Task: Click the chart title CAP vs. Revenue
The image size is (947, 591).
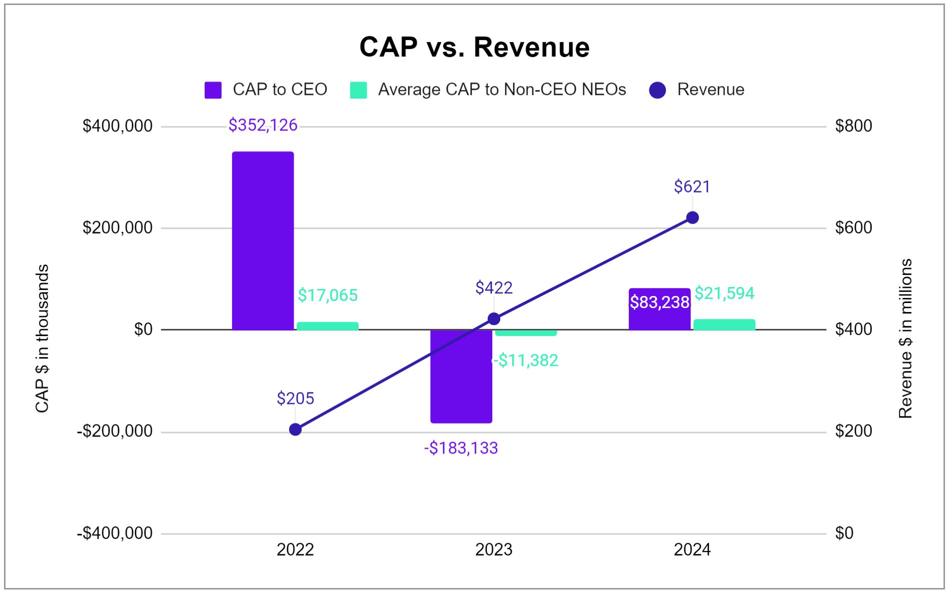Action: click(x=474, y=47)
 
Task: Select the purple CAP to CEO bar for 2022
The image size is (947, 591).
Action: click(x=263, y=240)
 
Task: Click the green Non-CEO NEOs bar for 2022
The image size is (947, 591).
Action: click(x=328, y=326)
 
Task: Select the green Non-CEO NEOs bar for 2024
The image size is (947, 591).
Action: click(x=724, y=324)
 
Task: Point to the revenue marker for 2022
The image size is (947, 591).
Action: click(x=295, y=429)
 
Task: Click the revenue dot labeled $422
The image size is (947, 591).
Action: click(x=494, y=319)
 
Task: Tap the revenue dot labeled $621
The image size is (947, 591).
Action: click(x=692, y=217)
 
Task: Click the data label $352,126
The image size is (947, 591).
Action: click(x=263, y=125)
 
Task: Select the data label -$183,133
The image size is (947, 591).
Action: click(x=461, y=448)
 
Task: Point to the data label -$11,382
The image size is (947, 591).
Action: click(x=525, y=360)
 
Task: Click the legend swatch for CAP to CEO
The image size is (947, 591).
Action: click(x=213, y=90)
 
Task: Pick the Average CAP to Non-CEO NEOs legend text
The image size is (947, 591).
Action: click(x=502, y=89)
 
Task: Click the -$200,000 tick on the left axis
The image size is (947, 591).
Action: click(x=115, y=431)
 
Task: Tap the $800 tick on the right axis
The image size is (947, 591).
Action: click(x=853, y=126)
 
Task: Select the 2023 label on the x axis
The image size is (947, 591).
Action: click(x=494, y=549)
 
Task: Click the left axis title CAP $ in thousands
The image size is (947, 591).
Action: click(x=42, y=338)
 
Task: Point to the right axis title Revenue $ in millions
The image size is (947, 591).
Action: click(x=905, y=338)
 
